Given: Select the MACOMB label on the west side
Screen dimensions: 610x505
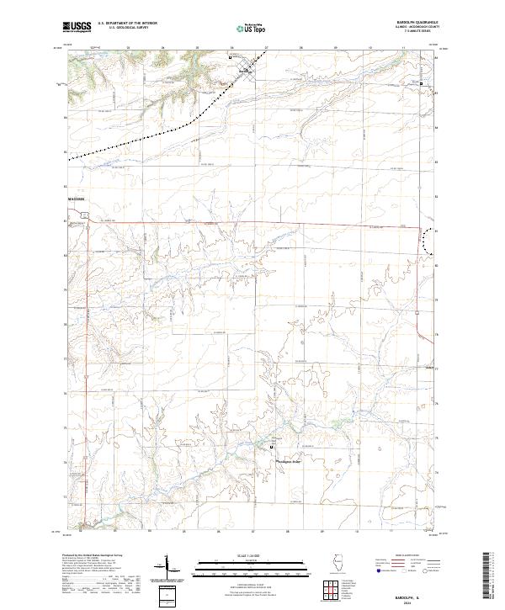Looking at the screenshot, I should [76, 199].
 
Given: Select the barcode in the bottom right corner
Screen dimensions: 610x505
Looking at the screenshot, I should [487, 576].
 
